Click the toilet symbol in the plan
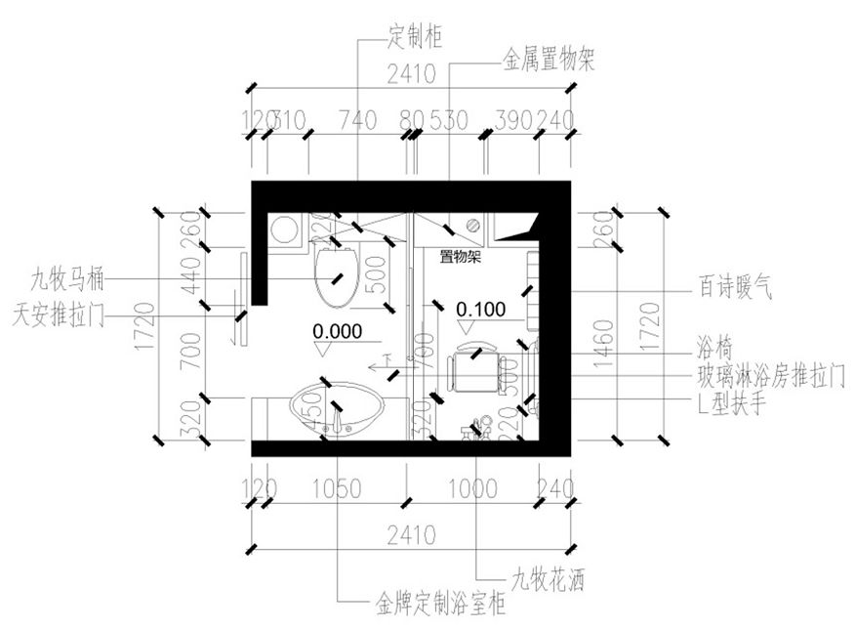(338, 272)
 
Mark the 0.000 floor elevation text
(338, 330)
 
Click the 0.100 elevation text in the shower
(481, 310)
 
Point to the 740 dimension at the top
(356, 120)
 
